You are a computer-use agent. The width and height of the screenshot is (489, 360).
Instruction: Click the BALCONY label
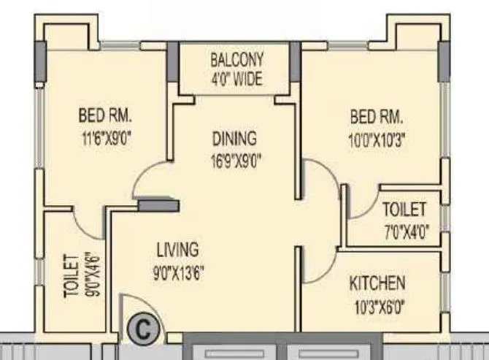[x=236, y=60]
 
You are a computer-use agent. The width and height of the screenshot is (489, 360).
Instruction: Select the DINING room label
[x=234, y=138]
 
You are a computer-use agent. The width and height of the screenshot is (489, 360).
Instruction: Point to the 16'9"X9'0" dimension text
[x=234, y=158]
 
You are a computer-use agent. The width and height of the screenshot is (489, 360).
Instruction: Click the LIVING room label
[x=177, y=250]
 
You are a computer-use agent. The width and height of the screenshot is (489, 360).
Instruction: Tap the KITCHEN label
[x=377, y=283]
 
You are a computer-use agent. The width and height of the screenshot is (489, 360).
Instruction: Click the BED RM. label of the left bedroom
[x=109, y=115]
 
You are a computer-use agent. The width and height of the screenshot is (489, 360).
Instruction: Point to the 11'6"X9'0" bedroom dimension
[x=109, y=136]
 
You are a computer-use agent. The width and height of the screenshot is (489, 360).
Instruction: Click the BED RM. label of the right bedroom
[x=377, y=117]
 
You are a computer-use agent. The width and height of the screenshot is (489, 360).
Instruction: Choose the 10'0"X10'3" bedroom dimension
[x=377, y=137]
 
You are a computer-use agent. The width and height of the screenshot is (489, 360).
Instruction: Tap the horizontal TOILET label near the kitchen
[x=404, y=210]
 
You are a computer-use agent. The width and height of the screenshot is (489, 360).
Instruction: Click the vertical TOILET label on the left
[x=71, y=276]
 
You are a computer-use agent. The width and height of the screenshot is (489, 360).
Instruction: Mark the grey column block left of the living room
[x=158, y=206]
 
